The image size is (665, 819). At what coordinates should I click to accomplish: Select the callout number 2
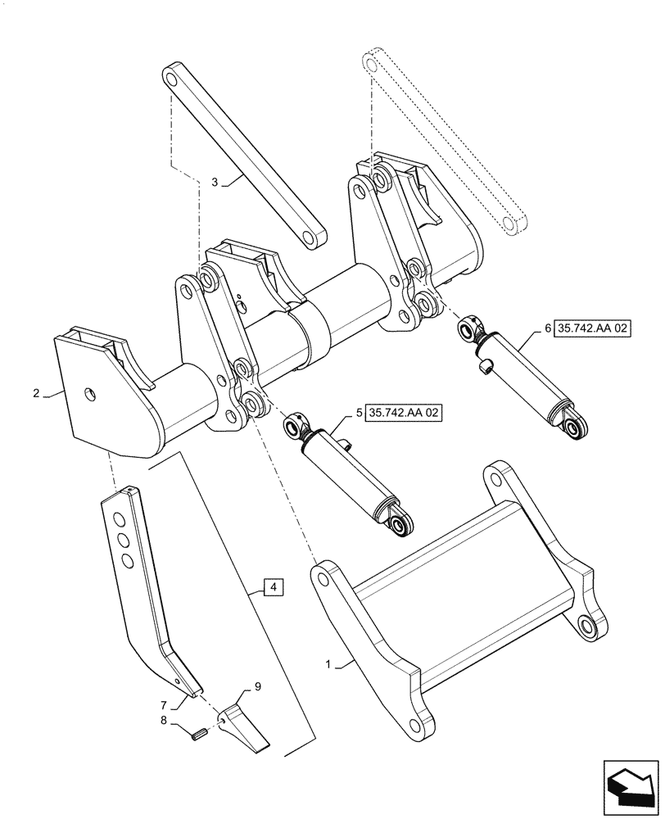pos(36,394)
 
